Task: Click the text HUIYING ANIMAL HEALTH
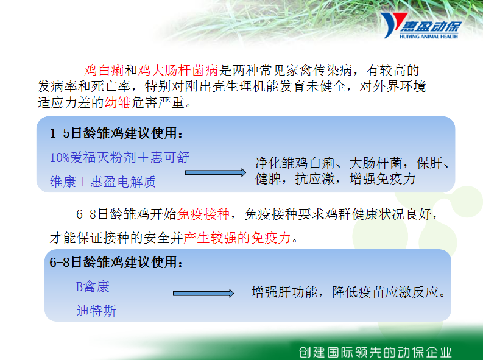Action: [428, 37]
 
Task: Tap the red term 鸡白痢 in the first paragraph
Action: [104, 71]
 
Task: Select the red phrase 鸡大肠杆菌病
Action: [178, 71]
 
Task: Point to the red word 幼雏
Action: [118, 102]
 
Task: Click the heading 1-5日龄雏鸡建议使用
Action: [116, 133]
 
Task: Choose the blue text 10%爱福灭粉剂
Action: [93, 158]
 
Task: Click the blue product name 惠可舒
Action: [170, 157]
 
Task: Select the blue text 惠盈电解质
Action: [123, 182]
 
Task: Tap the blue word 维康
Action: [63, 182]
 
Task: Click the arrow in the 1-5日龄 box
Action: [216, 172]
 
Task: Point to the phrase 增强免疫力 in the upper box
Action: [383, 178]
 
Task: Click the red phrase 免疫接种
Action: [203, 214]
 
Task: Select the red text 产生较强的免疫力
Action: [237, 238]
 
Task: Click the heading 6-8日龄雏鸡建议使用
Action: [116, 262]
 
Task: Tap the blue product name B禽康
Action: [93, 286]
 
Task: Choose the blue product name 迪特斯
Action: [96, 311]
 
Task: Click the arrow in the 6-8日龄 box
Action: [203, 294]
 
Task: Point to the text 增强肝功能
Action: [284, 292]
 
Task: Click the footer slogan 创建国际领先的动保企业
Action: [375, 352]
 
